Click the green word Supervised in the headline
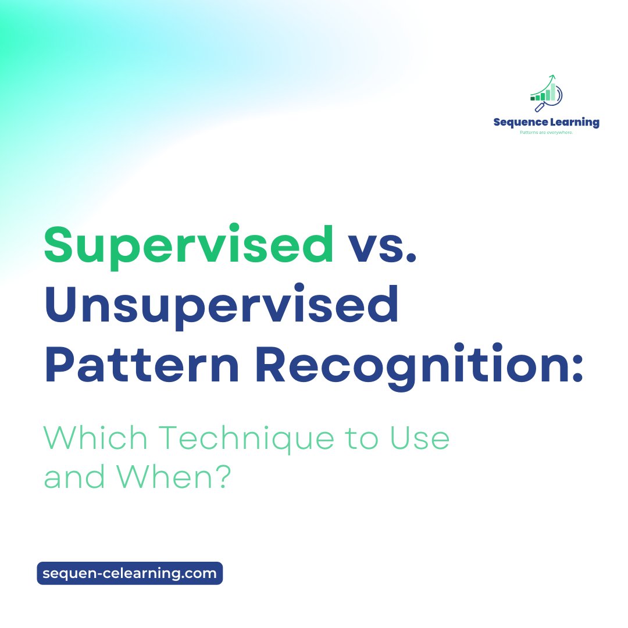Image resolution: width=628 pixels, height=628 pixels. coord(188,245)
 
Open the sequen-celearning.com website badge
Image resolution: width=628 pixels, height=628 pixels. coord(130,573)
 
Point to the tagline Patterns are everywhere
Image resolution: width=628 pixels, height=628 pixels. coord(546,133)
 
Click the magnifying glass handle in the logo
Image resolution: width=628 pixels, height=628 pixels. coord(539,108)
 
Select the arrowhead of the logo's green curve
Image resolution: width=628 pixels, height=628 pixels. coord(553,76)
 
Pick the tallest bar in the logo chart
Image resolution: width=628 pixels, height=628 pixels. coord(553,92)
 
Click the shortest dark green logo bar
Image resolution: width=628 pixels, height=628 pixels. coord(533,98)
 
